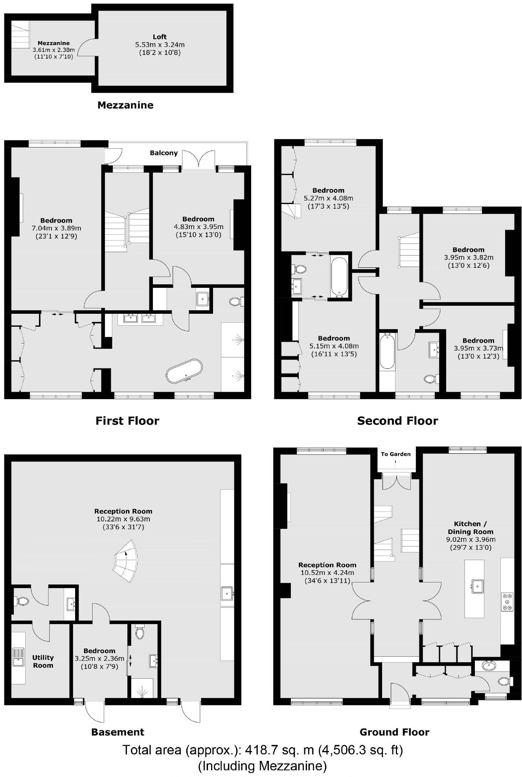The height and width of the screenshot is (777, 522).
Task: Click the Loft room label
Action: [x=160, y=37]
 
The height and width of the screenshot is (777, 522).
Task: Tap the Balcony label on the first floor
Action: [x=164, y=153]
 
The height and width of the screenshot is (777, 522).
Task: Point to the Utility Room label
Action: [x=43, y=661]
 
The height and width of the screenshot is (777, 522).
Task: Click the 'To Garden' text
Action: [x=395, y=454]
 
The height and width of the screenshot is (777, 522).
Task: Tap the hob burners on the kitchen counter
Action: [x=507, y=602]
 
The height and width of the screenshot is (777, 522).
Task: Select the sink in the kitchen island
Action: [x=478, y=586]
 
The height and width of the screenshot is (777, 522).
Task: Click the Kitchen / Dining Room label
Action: [x=470, y=528]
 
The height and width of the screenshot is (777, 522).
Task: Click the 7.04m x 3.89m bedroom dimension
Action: [x=56, y=228]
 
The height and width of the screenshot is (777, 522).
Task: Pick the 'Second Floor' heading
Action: [x=397, y=421]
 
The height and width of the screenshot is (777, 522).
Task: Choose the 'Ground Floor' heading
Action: [x=394, y=732]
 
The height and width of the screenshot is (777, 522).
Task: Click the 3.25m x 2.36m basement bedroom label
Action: [x=99, y=658]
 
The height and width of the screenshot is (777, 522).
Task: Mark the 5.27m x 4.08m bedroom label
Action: [x=328, y=198]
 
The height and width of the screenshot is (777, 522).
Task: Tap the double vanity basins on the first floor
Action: [x=140, y=317]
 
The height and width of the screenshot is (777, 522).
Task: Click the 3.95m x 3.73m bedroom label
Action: [x=478, y=348]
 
